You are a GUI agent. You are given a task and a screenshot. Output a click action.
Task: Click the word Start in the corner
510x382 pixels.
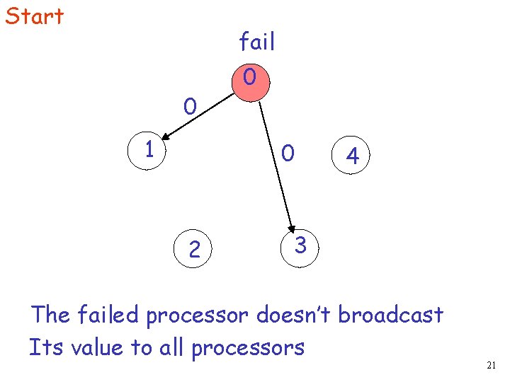(x=34, y=16)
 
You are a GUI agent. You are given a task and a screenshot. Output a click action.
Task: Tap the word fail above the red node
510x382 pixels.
(x=256, y=42)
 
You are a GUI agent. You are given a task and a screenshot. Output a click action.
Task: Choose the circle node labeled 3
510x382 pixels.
(x=300, y=246)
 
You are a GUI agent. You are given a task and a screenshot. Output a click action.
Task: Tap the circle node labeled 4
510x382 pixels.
(x=352, y=157)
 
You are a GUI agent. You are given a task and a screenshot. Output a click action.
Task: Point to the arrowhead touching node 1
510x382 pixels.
(x=161, y=137)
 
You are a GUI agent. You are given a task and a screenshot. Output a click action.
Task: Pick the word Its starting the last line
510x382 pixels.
(x=42, y=347)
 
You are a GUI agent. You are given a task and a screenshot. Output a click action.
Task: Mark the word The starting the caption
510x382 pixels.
(x=50, y=314)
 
